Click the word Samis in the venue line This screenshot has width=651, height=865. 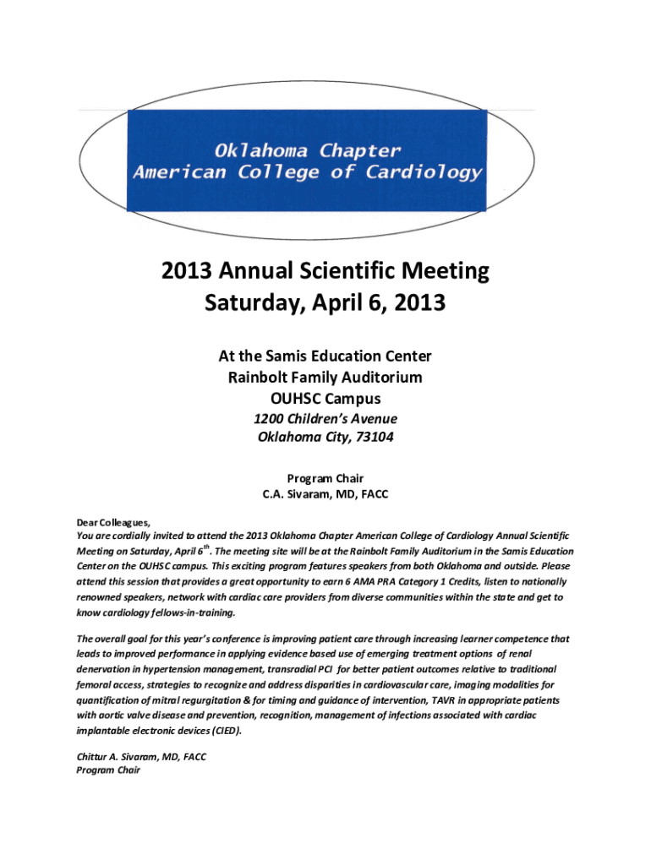(297, 356)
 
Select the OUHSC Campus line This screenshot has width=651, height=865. (325, 398)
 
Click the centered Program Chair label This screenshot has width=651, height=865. (325, 478)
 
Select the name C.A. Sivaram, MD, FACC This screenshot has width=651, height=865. (325, 494)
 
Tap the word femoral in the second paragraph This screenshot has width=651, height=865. (96, 685)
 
